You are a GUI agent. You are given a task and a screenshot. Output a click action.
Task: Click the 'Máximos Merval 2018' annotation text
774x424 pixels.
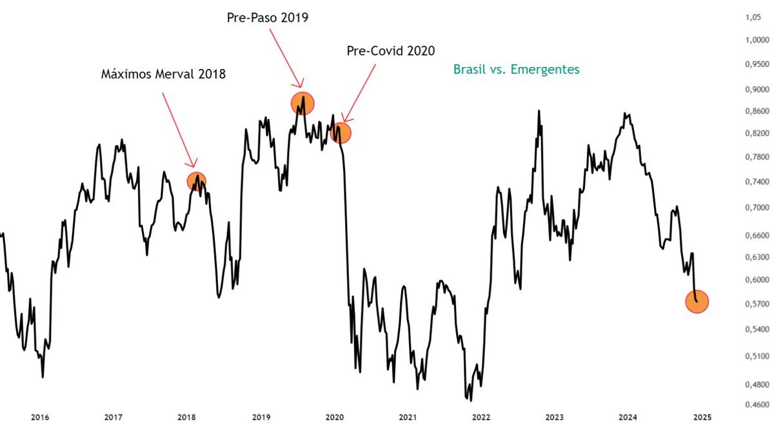(x=163, y=74)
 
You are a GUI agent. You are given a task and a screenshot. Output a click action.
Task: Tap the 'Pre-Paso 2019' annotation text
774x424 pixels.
(x=267, y=18)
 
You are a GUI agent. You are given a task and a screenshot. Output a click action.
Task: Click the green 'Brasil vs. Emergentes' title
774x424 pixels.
(x=516, y=69)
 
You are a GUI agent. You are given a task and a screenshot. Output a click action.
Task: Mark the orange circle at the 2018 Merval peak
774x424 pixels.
(x=197, y=180)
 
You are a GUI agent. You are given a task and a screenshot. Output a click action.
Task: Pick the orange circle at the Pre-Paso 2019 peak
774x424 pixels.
(x=302, y=102)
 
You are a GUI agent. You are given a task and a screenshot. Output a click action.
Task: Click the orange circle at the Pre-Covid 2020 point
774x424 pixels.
(x=341, y=133)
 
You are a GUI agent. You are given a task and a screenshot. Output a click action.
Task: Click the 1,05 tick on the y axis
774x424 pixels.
(x=753, y=19)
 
